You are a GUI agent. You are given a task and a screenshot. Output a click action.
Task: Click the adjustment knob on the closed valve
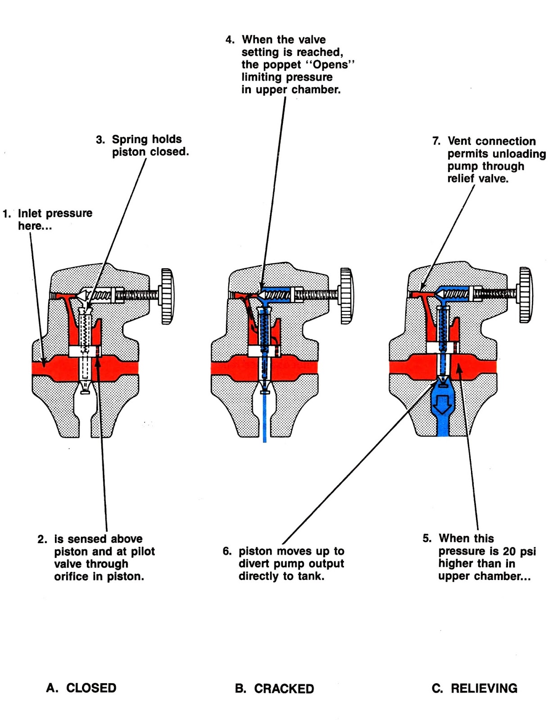point(168,296)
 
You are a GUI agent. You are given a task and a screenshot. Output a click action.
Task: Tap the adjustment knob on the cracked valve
point(346,296)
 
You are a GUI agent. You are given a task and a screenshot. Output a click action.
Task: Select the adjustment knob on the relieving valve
point(525,295)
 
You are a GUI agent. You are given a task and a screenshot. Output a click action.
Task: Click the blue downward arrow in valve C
point(443,404)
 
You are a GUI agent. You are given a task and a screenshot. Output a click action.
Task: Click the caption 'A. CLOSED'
point(82,688)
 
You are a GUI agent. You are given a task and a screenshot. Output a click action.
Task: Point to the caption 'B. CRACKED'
point(275,688)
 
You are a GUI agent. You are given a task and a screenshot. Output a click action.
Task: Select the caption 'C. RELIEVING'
point(475,688)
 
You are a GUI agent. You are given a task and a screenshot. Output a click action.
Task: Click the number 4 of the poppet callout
point(230,40)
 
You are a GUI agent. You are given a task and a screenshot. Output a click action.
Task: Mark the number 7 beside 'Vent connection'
point(436,141)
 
